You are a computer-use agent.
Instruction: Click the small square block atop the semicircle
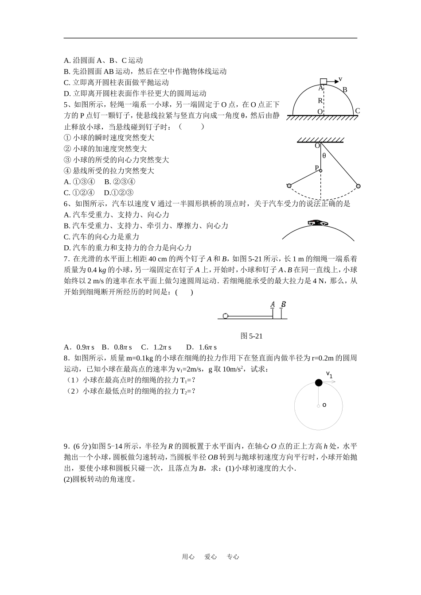(324, 81)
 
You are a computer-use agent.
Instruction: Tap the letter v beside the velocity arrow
(340, 79)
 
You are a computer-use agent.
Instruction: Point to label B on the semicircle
(345, 90)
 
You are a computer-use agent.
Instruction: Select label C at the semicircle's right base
(357, 111)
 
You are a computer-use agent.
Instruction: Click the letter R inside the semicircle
(320, 101)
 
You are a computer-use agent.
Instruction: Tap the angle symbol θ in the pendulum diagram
(324, 155)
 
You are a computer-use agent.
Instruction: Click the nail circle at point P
(320, 170)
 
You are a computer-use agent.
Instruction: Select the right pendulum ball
(358, 186)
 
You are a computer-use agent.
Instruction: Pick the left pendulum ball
(289, 185)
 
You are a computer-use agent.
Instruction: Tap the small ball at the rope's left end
(226, 316)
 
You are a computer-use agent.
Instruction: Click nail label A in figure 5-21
(273, 305)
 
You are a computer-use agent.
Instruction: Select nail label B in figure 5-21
(283, 304)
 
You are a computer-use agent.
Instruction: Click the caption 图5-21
(251, 336)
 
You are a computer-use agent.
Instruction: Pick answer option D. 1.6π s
(201, 347)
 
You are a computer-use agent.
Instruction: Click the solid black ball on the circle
(318, 383)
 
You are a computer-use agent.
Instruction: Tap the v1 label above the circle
(329, 375)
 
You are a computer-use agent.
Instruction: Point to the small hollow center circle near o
(318, 406)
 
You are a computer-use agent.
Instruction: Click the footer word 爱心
(210, 557)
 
